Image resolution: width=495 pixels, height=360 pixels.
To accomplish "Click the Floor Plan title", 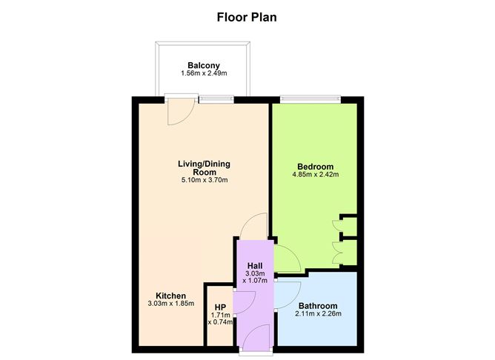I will [x=247, y=16].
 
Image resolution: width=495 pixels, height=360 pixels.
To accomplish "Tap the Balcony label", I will [x=202, y=65].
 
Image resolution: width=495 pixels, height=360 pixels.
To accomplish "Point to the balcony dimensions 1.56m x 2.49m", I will [x=202, y=74].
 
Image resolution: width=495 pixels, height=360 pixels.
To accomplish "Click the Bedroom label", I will [x=315, y=167].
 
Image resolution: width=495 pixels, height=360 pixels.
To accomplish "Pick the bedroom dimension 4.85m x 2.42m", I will [x=315, y=176].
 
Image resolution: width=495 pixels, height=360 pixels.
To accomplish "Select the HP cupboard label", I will [x=220, y=307].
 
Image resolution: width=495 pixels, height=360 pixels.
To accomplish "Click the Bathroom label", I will [x=318, y=306].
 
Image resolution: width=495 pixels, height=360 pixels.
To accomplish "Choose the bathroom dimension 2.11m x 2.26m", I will [x=318, y=315].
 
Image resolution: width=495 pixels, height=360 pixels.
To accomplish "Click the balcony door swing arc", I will [x=179, y=111].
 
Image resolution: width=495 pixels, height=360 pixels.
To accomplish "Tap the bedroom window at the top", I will [x=310, y=99].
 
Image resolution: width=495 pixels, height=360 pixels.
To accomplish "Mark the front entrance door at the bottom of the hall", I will [x=253, y=341].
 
